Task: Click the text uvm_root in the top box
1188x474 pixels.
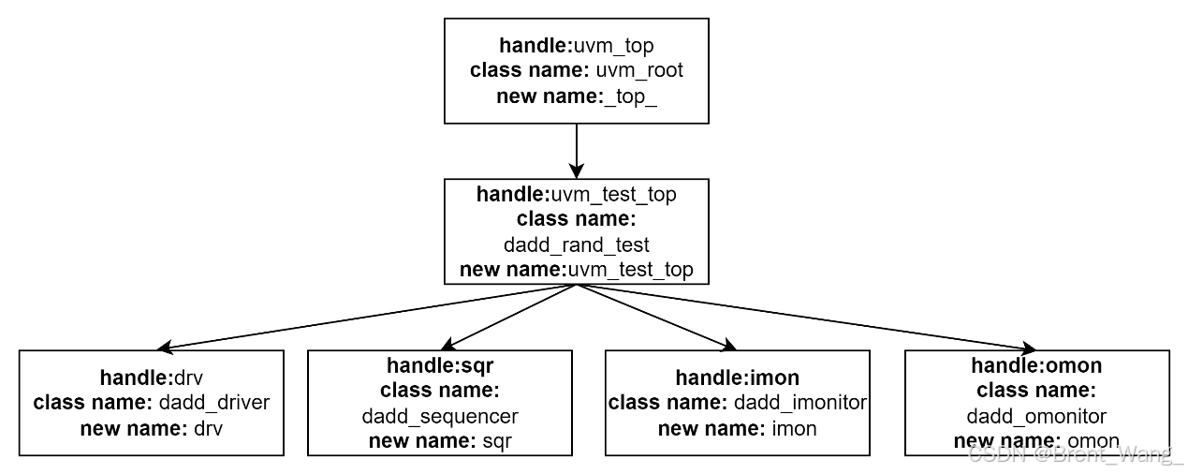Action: click(x=639, y=70)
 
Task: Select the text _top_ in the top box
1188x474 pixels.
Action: click(x=631, y=96)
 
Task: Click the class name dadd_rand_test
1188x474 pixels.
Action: click(x=577, y=244)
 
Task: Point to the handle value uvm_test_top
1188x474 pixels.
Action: click(x=613, y=194)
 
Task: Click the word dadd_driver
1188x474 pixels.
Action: click(x=213, y=403)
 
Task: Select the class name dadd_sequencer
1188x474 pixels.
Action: click(x=440, y=416)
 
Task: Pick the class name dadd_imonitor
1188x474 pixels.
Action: click(x=799, y=403)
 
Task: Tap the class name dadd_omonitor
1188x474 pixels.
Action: click(x=1036, y=416)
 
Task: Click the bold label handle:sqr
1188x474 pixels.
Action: click(x=440, y=365)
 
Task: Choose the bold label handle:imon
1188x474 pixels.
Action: click(x=738, y=378)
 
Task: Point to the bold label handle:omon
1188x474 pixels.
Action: click(x=1036, y=365)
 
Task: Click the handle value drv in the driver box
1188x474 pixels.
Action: click(x=188, y=378)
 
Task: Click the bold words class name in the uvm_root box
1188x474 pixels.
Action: click(x=528, y=70)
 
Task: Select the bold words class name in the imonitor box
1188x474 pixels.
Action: click(x=667, y=403)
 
